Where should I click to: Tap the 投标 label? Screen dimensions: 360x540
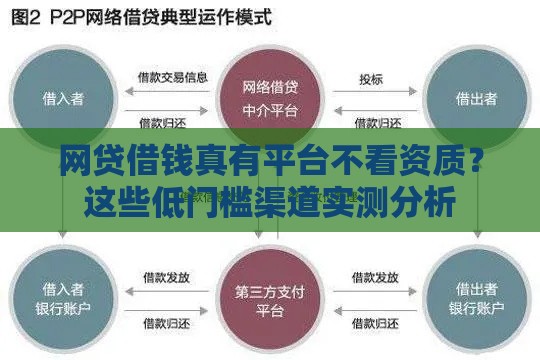tap(371, 77)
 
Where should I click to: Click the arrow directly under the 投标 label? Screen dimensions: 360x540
tap(371, 96)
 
